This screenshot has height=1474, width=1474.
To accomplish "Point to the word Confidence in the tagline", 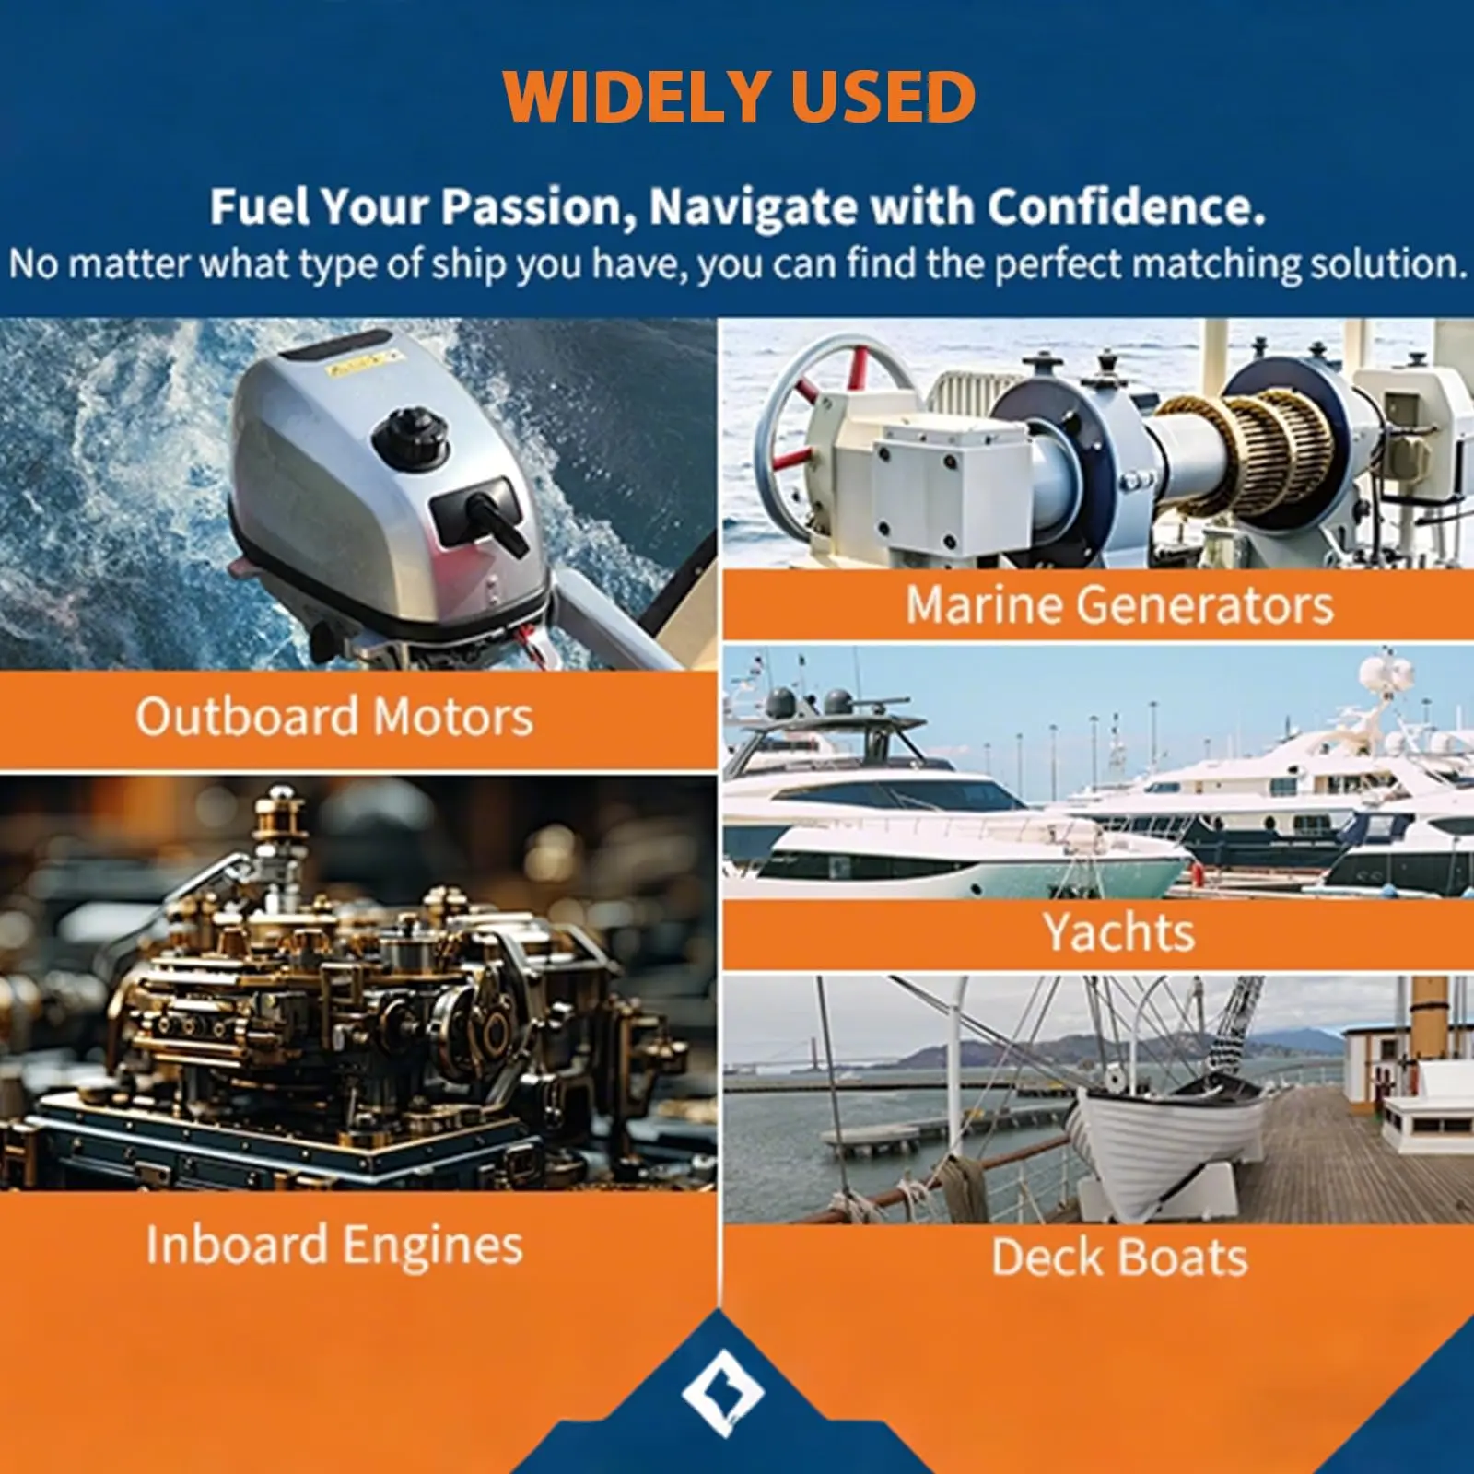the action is pyautogui.click(x=1126, y=206).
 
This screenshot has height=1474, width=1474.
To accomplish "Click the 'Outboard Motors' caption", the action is pyautogui.click(x=334, y=717).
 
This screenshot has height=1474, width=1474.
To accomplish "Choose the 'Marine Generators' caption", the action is pyautogui.click(x=1119, y=605).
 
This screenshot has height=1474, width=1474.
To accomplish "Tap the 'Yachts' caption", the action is pyautogui.click(x=1119, y=932).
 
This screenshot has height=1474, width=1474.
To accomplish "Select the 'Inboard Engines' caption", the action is pyautogui.click(x=334, y=1246).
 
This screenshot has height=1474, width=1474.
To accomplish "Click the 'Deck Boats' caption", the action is pyautogui.click(x=1119, y=1257).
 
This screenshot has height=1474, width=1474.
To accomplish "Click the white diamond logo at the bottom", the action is pyautogui.click(x=722, y=1393).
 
